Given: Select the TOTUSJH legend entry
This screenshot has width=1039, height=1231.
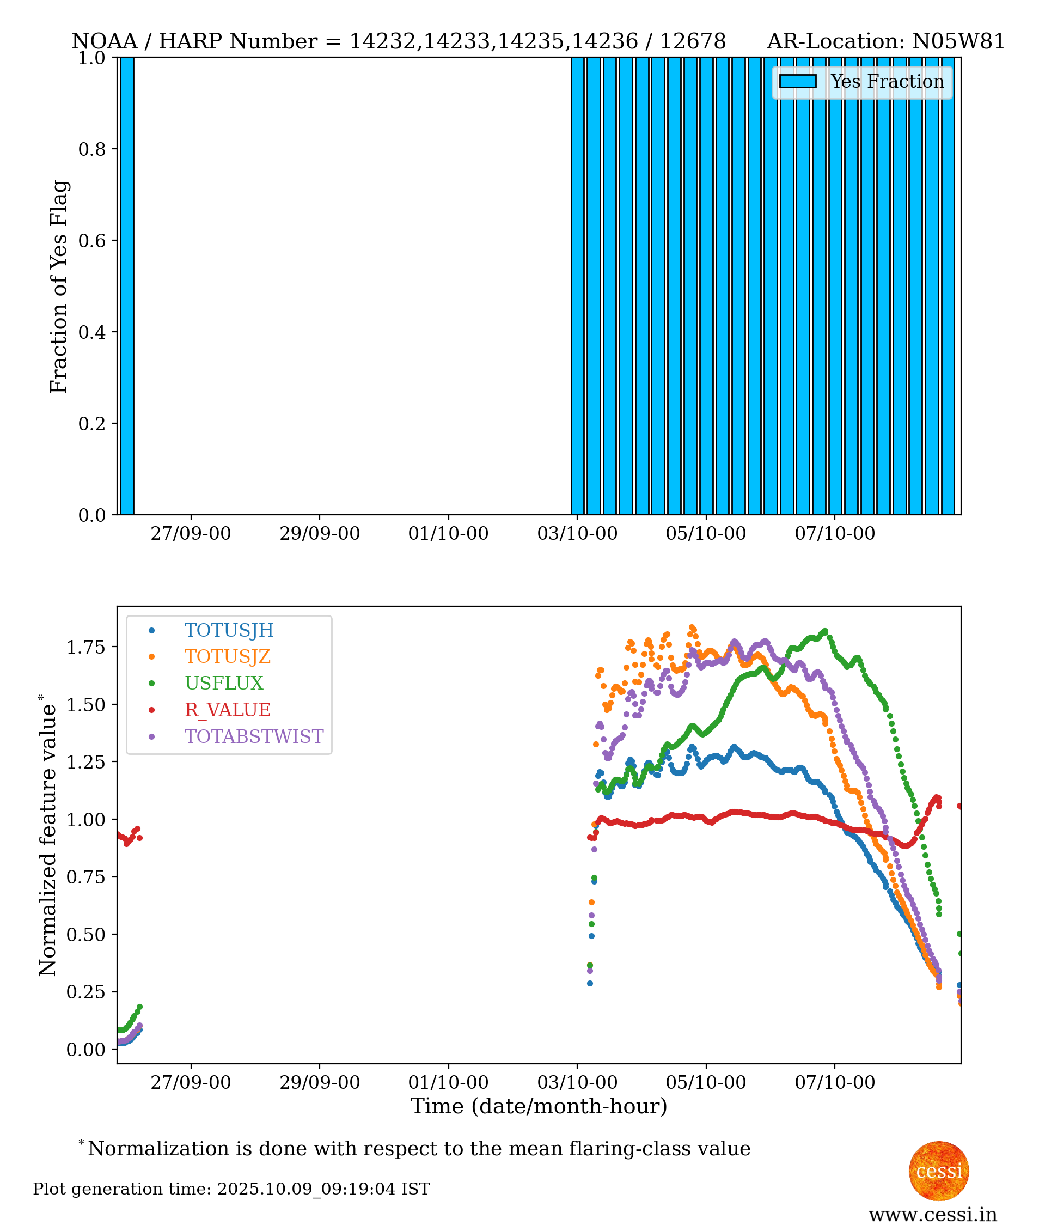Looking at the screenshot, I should (x=229, y=630).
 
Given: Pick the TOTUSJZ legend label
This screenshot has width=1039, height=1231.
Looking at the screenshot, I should (x=228, y=656).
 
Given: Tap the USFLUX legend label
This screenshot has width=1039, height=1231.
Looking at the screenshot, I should (x=224, y=682).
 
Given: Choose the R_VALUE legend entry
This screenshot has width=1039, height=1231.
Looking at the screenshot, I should (x=228, y=710).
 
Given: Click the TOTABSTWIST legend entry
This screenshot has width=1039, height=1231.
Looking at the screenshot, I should (x=254, y=736).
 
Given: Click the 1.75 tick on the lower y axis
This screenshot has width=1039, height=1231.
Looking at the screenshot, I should (x=85, y=647).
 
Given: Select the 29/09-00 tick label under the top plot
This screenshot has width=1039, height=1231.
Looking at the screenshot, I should (x=319, y=534).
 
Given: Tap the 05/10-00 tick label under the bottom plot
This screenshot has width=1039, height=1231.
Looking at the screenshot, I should (x=706, y=1083).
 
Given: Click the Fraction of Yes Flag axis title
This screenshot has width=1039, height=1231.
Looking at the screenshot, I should (x=59, y=287).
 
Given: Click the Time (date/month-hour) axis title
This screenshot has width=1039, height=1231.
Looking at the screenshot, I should (x=539, y=1106).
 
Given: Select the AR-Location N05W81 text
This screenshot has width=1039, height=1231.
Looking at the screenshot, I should (x=885, y=41).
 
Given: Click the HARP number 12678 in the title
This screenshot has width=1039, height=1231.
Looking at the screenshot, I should (x=693, y=41).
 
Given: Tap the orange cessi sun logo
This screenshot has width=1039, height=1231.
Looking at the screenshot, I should (x=938, y=1171).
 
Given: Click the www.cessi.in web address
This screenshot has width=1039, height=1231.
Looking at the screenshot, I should (x=932, y=1215).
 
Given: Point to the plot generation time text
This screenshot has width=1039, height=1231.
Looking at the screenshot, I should (x=231, y=1189).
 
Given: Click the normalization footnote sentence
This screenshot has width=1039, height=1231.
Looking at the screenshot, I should (x=419, y=1149).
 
